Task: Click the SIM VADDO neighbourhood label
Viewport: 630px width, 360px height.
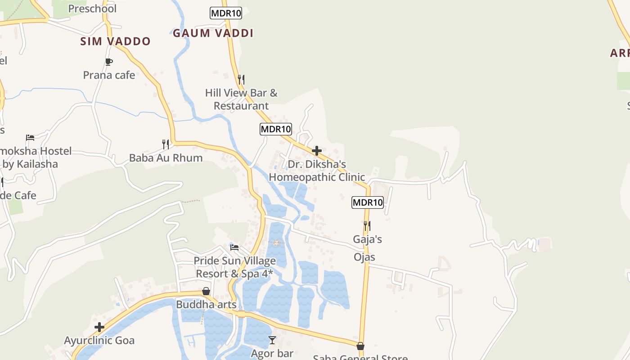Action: point(115,41)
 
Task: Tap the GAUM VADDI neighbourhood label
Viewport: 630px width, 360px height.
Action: point(213,33)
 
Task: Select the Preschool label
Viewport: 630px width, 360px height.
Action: point(92,9)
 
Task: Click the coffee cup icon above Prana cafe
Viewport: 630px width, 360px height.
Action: point(108,62)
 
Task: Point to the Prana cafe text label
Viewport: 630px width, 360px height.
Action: point(109,75)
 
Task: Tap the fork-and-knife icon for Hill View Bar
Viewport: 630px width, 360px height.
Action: point(241,80)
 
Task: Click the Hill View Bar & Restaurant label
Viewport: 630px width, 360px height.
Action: point(241,99)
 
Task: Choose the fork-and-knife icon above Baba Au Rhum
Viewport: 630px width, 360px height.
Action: point(166,144)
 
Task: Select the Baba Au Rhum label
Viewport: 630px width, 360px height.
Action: point(166,158)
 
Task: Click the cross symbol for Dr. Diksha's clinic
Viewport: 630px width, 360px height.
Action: point(317,151)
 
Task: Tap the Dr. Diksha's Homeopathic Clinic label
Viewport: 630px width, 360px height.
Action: point(317,171)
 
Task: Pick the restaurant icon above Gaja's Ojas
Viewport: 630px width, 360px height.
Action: point(367,225)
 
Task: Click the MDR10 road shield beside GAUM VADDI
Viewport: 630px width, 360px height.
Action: point(226,13)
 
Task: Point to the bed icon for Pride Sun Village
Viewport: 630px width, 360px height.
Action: point(234,247)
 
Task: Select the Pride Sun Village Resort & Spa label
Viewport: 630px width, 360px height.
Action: point(234,267)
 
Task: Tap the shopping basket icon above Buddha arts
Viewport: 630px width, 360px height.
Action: point(206,292)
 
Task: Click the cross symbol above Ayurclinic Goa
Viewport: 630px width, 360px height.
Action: point(99,327)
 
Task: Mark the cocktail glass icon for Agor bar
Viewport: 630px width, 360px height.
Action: point(272,340)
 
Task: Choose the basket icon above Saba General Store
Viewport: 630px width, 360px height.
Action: point(360,346)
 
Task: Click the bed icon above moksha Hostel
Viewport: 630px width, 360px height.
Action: point(30,137)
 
